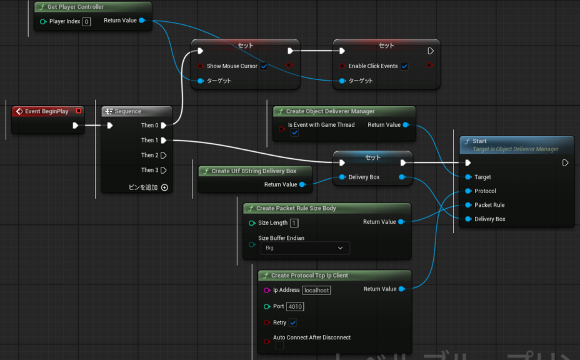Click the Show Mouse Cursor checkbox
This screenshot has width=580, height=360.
[x=264, y=66]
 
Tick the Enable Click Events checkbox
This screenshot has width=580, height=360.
[x=404, y=66]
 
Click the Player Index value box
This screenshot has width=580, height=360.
[x=86, y=21]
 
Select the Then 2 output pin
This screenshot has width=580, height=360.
[x=164, y=156]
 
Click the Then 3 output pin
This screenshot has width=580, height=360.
[x=164, y=170]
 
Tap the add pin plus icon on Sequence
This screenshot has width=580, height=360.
[x=164, y=187]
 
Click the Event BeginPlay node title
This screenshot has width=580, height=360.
[x=47, y=111]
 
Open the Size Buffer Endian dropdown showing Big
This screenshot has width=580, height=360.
[x=305, y=248]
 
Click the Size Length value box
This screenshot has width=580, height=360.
[x=294, y=223]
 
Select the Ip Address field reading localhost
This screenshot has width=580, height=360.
[x=317, y=291]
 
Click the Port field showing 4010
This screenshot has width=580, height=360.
[x=295, y=307]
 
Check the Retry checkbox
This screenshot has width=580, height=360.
[x=293, y=322]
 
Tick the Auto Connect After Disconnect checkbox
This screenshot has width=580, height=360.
[x=279, y=345]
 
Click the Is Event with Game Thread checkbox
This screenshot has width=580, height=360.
[x=294, y=132]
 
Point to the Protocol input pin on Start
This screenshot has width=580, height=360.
[x=468, y=191]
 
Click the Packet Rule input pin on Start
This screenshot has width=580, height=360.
[x=468, y=205]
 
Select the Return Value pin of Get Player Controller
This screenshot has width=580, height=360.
[x=142, y=21]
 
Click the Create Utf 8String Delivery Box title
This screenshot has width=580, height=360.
[x=254, y=171]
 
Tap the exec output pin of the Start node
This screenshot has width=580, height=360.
[x=565, y=162]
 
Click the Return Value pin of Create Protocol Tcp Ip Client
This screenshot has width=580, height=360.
[x=402, y=289]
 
